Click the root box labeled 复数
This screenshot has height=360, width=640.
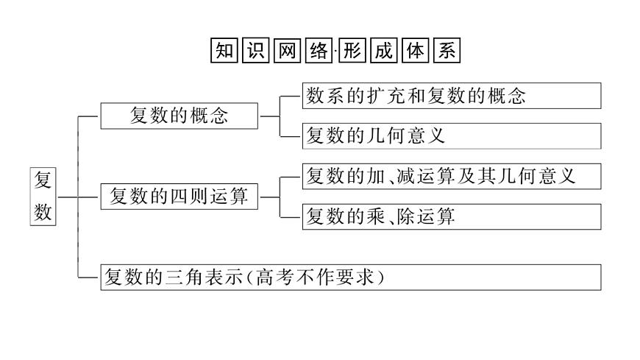click(43, 197)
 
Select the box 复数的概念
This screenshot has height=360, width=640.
click(179, 116)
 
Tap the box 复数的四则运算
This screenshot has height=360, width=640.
click(179, 197)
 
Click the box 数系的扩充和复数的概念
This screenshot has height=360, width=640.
click(452, 96)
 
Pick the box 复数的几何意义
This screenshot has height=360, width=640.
click(452, 136)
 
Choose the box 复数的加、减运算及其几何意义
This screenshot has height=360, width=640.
click(452, 177)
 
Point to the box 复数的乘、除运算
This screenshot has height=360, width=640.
click(452, 217)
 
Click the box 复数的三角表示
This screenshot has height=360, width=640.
click(351, 277)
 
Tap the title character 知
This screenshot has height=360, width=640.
click(224, 50)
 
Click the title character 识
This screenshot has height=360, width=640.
click(255, 50)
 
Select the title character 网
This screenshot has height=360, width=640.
click(285, 50)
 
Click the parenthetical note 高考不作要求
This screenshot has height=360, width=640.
click(318, 278)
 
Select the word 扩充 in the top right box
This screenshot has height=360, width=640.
click(385, 96)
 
